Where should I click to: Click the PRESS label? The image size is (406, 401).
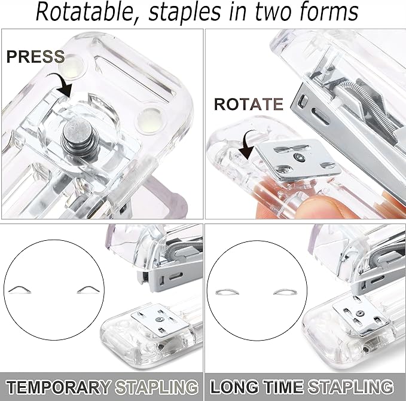click(x=35, y=57)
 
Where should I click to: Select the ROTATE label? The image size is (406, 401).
click(x=248, y=105)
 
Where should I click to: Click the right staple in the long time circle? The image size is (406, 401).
click(x=289, y=292)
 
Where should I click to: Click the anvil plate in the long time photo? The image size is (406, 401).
click(x=359, y=317)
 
